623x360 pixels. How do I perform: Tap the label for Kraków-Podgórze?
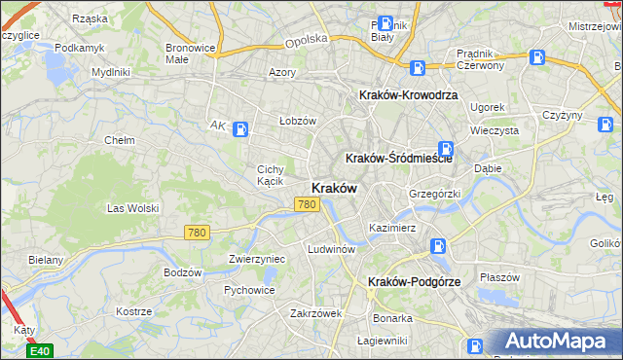click(x=414, y=281)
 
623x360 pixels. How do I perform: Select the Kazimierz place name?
click(x=392, y=228)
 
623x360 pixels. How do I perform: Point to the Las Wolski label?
click(x=132, y=208)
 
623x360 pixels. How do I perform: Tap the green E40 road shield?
click(x=40, y=350)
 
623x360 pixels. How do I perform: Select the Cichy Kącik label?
click(x=270, y=174)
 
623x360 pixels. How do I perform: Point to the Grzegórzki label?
click(x=434, y=194)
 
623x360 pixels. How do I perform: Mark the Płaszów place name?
click(x=500, y=276)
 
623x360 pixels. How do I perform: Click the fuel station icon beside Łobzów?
click(x=241, y=127)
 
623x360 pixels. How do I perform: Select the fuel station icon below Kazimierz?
click(x=439, y=247)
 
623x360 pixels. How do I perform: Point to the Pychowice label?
click(x=248, y=290)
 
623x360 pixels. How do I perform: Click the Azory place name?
click(x=282, y=73)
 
